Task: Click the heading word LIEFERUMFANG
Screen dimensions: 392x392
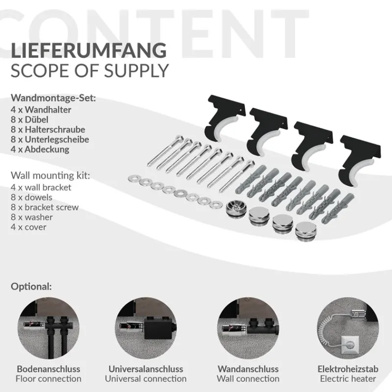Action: tap(88, 51)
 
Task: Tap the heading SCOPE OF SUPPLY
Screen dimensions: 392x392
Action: tap(90, 71)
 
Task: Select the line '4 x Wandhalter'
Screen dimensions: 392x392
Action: tap(41, 110)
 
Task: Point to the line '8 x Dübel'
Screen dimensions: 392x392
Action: tap(31, 120)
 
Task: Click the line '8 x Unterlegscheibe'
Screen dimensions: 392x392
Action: tap(49, 140)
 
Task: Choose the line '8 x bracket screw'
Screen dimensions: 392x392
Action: tap(44, 207)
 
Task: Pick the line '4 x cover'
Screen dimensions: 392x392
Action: tap(28, 227)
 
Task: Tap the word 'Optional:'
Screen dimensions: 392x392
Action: tap(31, 286)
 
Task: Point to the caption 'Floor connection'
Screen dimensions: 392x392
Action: tap(49, 378)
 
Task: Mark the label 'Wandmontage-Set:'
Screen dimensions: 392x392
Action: tap(53, 98)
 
